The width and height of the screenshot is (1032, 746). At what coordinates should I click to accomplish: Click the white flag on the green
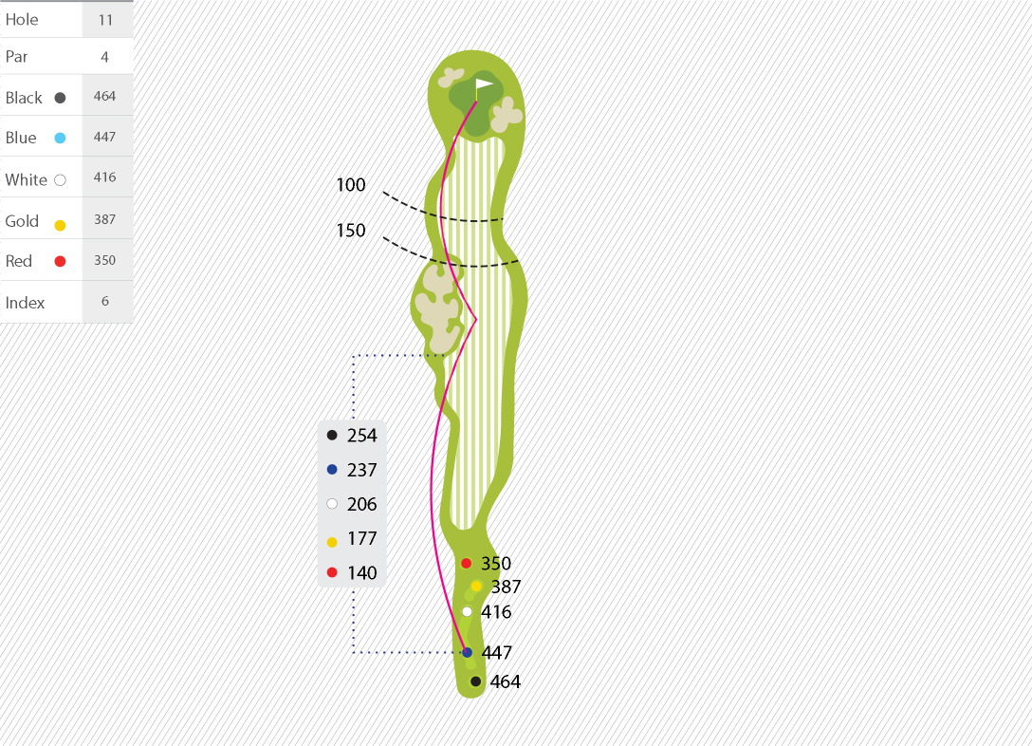click(485, 84)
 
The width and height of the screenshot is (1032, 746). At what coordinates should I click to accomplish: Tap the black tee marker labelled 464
click(475, 681)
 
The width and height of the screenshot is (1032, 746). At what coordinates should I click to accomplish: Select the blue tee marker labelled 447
click(467, 652)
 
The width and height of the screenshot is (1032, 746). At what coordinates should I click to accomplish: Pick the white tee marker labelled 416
click(467, 611)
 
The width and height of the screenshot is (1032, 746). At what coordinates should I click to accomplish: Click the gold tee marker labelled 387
click(476, 586)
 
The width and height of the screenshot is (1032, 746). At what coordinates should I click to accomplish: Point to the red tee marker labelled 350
click(466, 563)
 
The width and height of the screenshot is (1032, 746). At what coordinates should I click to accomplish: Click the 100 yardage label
click(351, 185)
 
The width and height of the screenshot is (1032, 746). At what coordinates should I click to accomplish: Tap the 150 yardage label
click(351, 231)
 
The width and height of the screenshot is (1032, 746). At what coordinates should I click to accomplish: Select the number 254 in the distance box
click(362, 436)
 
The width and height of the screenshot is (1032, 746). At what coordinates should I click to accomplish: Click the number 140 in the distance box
click(362, 573)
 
